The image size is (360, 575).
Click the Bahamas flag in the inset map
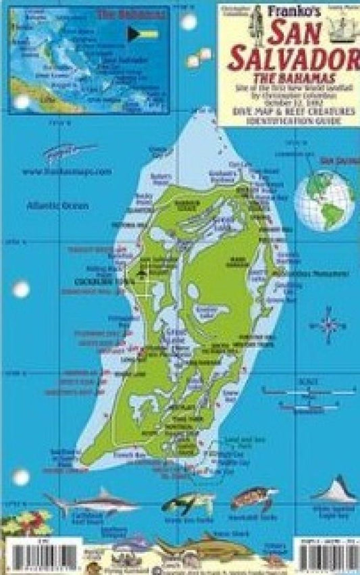[x=143, y=33]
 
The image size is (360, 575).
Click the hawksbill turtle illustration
[x=253, y=501]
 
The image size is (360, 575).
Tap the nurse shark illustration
[x=203, y=546]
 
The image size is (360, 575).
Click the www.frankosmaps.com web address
[x=66, y=172]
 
